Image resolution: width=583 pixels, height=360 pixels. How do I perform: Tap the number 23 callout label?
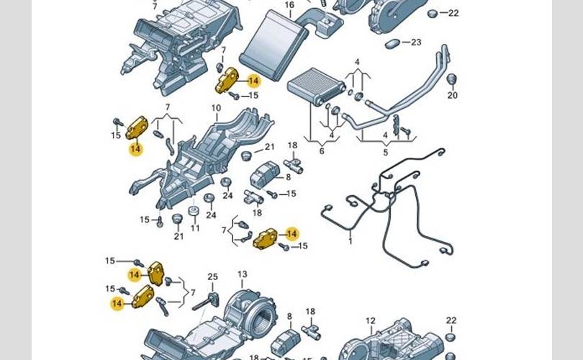(415, 42)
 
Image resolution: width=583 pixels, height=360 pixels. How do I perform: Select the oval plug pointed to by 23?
(393, 44)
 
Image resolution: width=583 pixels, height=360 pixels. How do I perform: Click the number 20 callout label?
(451, 95)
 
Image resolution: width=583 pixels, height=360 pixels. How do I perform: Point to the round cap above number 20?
(452, 78)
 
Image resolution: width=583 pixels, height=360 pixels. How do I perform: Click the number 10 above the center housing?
(216, 109)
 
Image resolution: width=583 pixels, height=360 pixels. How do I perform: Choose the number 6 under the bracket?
(322, 150)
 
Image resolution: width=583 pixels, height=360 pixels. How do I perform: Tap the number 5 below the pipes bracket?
(385, 151)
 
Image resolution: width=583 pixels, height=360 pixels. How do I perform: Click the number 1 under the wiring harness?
(351, 240)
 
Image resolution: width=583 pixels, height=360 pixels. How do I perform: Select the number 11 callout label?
(195, 228)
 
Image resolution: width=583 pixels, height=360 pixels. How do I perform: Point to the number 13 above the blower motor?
(243, 274)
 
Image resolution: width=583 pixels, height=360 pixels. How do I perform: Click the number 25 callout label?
(212, 277)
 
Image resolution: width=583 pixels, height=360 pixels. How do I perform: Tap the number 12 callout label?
(370, 321)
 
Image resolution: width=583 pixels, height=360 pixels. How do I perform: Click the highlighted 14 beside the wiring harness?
(291, 233)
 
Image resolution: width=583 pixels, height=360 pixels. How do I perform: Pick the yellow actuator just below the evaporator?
(229, 78)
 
